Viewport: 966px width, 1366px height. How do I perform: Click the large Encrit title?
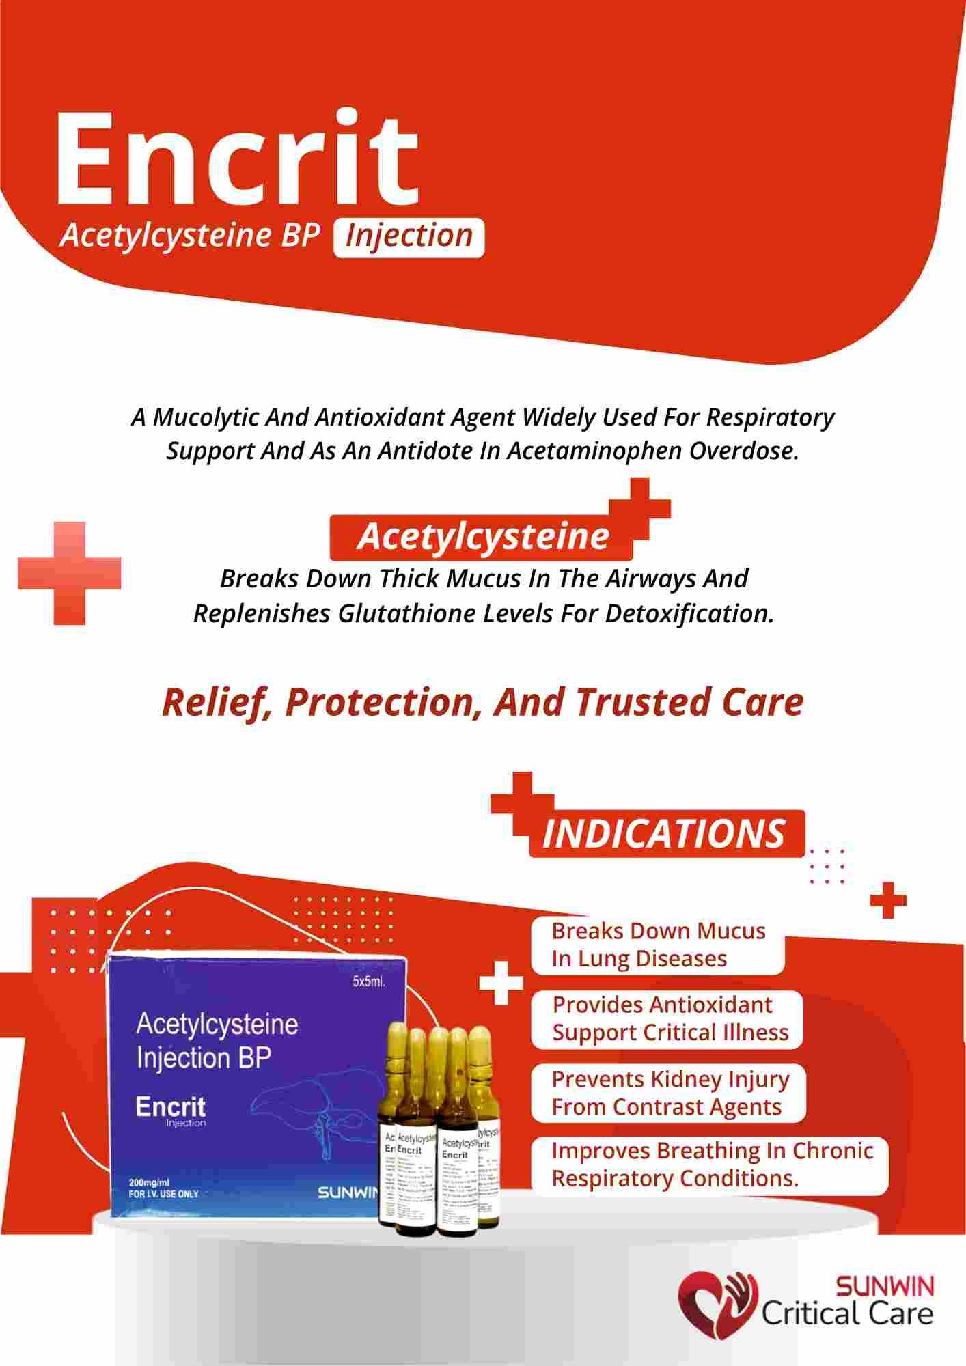[x=236, y=161]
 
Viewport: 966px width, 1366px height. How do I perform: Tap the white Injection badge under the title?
[x=409, y=236]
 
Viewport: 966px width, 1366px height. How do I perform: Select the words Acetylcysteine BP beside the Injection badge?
[x=190, y=235]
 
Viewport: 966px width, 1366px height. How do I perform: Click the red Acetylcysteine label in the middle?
[x=482, y=537]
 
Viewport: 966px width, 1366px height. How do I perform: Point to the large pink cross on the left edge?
[x=70, y=573]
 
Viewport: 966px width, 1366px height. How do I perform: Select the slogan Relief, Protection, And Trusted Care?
[x=482, y=701]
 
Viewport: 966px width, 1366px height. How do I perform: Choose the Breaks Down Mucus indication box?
[x=658, y=945]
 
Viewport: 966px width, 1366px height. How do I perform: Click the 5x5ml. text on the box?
[x=369, y=983]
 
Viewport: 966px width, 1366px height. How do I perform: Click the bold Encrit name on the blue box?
[x=170, y=1106]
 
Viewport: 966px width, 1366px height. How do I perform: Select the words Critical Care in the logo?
[x=847, y=1313]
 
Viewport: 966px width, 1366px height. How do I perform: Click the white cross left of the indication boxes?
[x=501, y=984]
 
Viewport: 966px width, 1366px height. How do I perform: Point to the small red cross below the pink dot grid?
[x=887, y=901]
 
